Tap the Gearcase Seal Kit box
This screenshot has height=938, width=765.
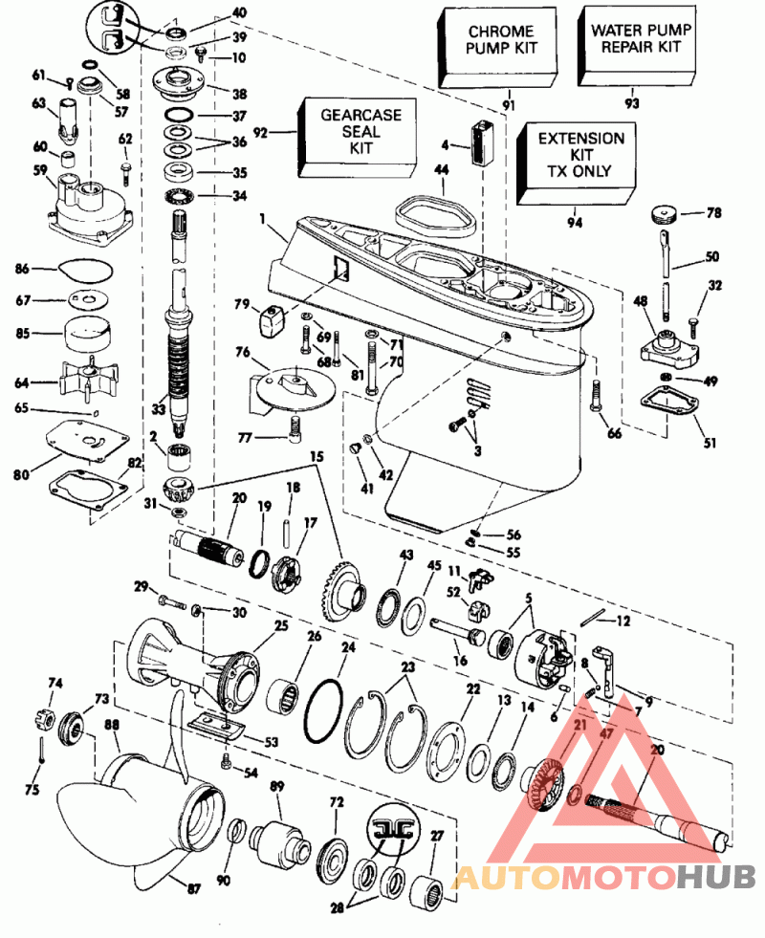coord(360,132)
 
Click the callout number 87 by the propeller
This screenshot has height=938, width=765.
coord(194,889)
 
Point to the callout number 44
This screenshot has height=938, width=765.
coord(441,169)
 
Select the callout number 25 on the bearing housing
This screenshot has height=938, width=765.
coord(281,625)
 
